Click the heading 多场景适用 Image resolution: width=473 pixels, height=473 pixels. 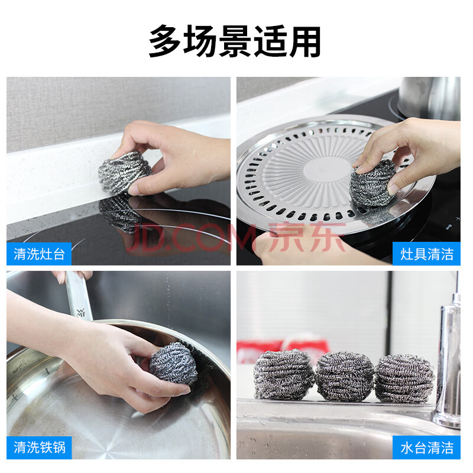[235, 41]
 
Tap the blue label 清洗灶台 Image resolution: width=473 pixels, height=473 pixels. [39, 254]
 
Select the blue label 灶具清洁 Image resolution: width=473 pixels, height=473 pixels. [426, 254]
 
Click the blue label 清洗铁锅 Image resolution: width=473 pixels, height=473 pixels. [39, 448]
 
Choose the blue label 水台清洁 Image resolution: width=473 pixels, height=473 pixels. [426, 448]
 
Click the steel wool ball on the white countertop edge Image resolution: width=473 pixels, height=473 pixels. [124, 172]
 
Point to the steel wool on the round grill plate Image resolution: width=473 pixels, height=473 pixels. [372, 183]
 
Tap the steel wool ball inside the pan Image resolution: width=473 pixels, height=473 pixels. [173, 363]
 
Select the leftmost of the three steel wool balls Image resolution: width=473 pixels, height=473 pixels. [284, 375]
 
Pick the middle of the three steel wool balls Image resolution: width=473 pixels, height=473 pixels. [345, 377]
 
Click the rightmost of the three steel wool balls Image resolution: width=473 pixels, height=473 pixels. [404, 379]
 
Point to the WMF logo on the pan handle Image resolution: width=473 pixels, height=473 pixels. [80, 313]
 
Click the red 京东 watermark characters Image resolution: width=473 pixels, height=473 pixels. [307, 237]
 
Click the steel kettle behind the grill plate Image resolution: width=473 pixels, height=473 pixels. [430, 98]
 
